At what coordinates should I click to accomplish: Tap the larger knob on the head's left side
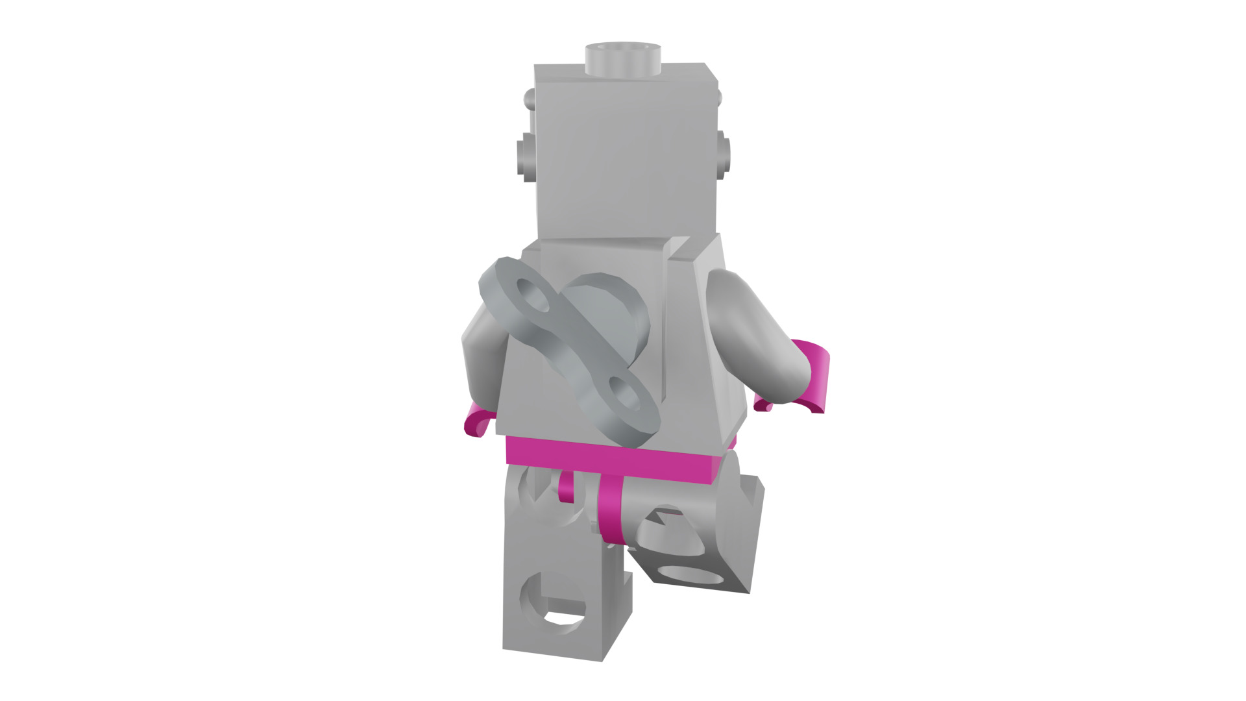click(x=526, y=155)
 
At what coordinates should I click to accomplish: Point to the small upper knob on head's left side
click(x=530, y=99)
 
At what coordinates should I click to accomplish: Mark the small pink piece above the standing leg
click(x=566, y=487)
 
